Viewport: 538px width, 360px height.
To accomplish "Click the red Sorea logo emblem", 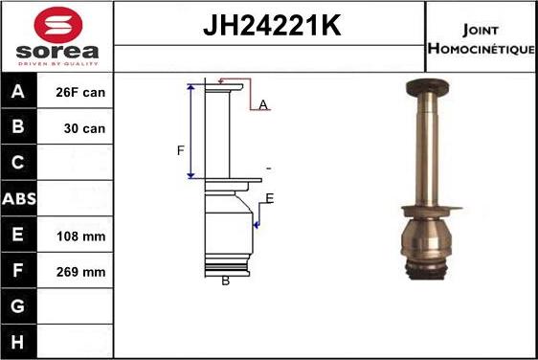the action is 58,25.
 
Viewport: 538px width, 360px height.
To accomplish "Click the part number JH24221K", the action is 272,25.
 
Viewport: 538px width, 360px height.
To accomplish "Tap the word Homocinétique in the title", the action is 482,49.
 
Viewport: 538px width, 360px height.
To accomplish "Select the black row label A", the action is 18,91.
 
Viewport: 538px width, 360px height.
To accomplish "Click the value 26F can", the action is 80,92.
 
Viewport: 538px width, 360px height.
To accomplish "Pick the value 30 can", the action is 84,128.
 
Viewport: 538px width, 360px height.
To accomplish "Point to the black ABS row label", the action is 19,198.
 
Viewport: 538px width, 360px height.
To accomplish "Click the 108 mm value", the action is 81,236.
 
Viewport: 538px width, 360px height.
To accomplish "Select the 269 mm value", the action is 81,272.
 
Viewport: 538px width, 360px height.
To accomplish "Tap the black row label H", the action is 18,342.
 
